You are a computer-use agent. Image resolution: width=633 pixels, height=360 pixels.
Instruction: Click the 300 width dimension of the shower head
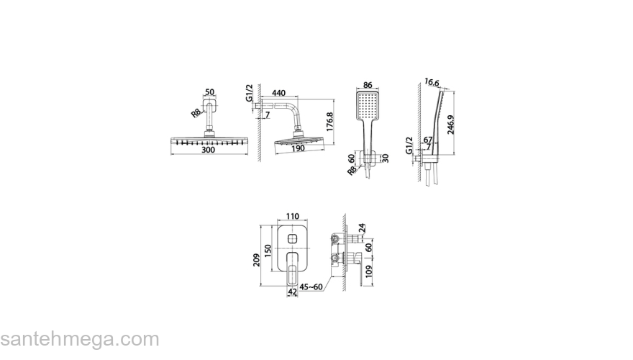pos(208,150)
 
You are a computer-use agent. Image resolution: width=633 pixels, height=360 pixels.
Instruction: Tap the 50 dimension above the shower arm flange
pos(209,93)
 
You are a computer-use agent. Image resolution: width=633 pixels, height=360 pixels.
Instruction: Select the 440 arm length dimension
pos(278,93)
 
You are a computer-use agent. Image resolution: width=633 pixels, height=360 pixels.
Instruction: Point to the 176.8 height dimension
pos(329,122)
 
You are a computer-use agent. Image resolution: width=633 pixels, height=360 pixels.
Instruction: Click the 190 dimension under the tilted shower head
pos(298,149)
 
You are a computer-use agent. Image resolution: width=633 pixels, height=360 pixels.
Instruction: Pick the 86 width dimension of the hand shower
pos(368,85)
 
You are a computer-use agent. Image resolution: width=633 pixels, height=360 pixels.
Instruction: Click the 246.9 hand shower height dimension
pos(450,125)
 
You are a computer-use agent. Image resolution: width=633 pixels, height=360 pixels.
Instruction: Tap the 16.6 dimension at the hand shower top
pos(432,82)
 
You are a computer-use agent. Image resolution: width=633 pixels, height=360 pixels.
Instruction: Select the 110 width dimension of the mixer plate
pos(292,217)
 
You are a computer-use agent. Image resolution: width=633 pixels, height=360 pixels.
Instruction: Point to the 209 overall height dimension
pos(256,260)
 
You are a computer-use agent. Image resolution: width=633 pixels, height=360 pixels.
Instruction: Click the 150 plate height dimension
pos(268,251)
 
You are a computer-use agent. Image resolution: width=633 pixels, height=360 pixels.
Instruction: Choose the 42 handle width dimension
pos(292,292)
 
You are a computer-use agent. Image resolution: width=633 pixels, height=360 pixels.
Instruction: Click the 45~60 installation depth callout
pos(311,287)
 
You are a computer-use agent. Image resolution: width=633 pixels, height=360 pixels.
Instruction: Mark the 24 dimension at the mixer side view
pos(361,228)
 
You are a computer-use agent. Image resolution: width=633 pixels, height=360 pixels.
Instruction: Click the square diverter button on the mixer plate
pos(292,238)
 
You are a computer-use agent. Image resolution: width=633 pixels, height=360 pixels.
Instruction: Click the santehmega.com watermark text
pos(80,339)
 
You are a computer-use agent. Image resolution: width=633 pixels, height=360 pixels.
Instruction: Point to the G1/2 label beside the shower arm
pos(249,93)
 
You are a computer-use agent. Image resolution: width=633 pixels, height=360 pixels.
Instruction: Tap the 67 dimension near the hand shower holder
pos(428,140)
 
